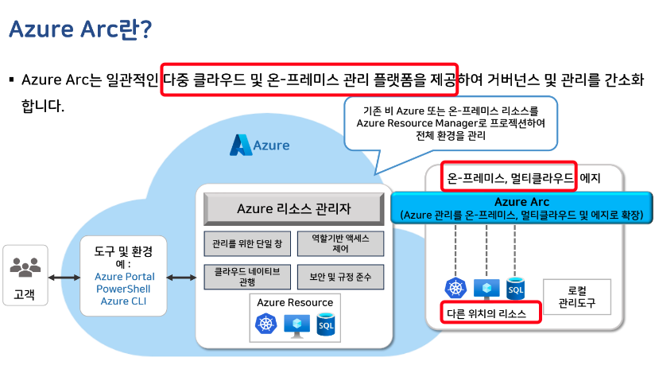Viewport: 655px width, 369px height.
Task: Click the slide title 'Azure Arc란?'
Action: click(80, 29)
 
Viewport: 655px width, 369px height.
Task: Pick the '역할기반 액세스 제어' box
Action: click(340, 243)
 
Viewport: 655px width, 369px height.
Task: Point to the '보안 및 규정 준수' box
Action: click(340, 277)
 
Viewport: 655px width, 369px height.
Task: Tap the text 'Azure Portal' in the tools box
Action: click(124, 277)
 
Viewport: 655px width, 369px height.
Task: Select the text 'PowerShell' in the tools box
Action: click(124, 289)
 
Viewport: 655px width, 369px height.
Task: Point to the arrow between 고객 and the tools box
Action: click(64, 278)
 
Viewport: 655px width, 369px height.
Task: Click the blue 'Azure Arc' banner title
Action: click(521, 202)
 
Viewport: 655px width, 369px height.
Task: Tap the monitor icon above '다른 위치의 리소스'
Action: click(486, 287)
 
